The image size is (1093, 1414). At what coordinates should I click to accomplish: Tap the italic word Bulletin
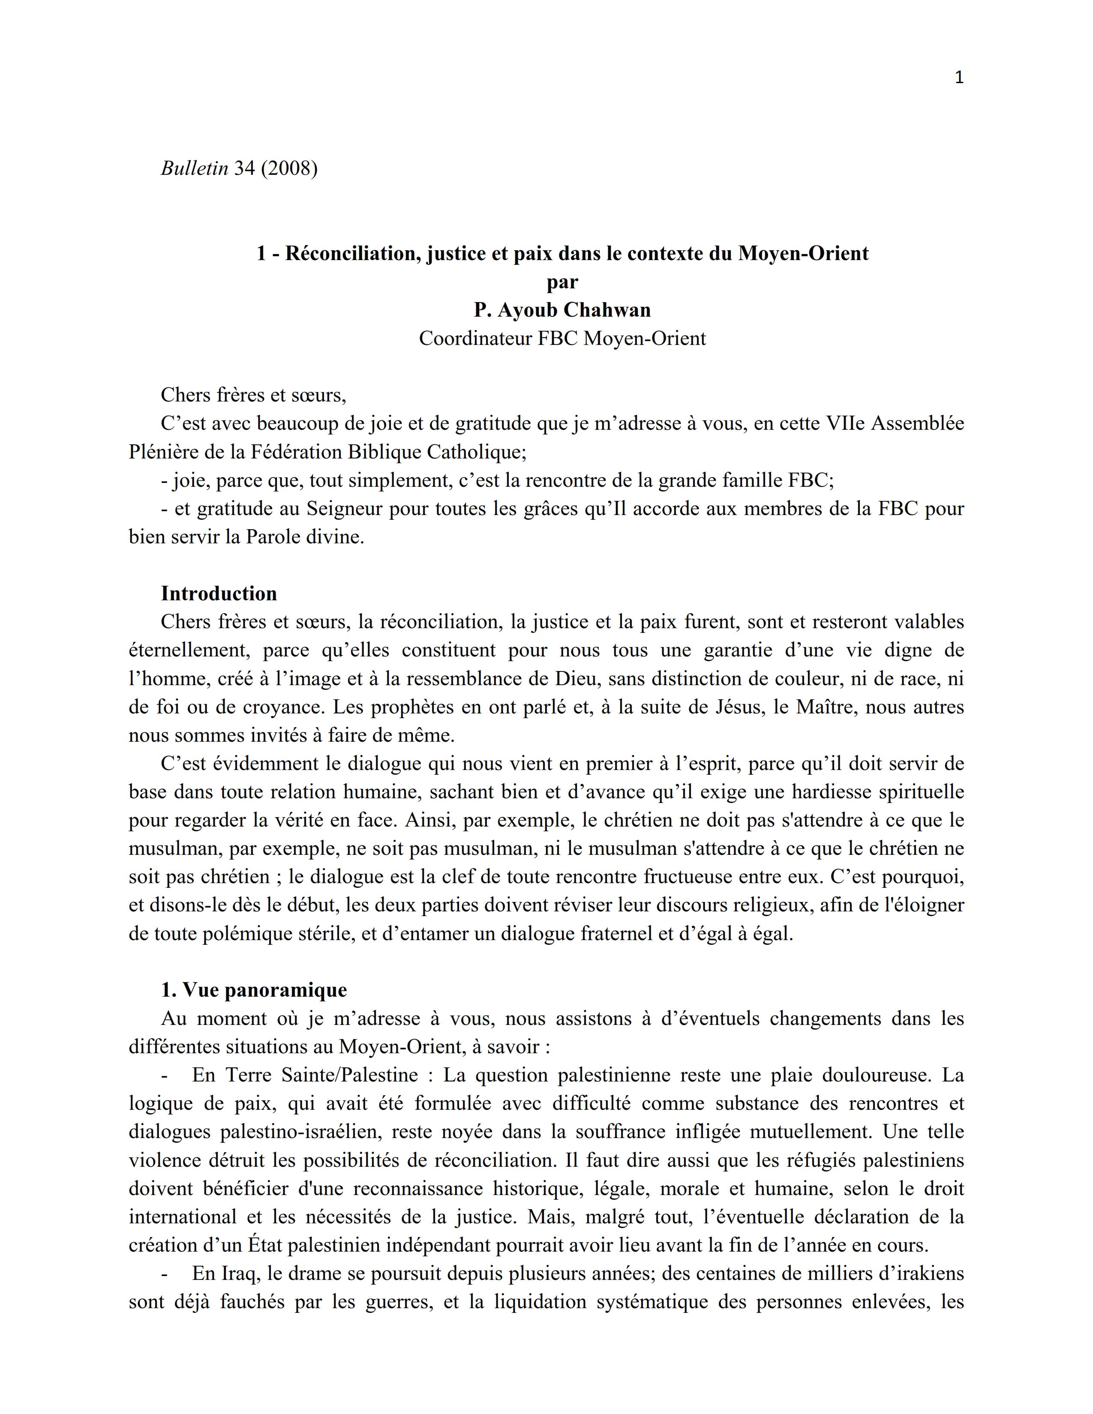pos(194,168)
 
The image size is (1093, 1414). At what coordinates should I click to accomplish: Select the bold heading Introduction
pos(219,594)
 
